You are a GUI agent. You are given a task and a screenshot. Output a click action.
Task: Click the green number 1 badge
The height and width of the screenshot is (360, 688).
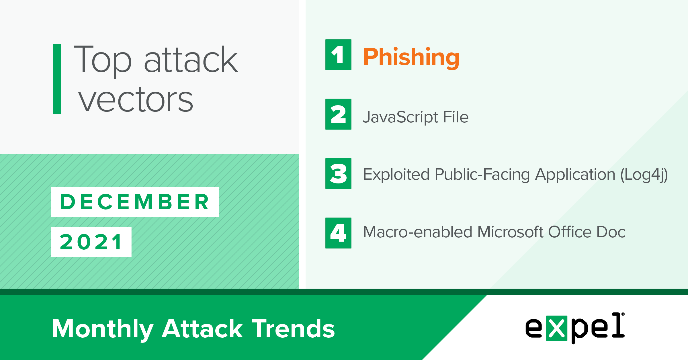(x=338, y=55)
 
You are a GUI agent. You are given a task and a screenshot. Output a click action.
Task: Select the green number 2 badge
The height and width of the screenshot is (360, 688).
(x=338, y=114)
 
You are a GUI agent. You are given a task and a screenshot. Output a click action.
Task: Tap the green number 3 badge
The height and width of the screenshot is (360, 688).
(x=338, y=174)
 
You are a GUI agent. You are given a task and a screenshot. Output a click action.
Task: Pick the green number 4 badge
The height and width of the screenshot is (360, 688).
(x=338, y=233)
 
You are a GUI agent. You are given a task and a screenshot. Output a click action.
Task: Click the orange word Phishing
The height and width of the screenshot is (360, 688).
(x=411, y=58)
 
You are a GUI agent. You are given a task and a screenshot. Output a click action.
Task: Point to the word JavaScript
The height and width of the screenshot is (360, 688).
(x=400, y=117)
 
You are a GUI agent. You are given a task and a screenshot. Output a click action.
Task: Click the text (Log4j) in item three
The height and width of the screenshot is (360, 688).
(x=644, y=175)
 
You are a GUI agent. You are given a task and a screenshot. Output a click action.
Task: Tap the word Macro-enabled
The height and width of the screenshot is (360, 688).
(x=417, y=232)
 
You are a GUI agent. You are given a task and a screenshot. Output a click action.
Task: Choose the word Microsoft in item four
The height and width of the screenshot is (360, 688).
(x=510, y=232)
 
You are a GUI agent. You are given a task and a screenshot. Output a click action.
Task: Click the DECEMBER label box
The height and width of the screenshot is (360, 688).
(x=135, y=202)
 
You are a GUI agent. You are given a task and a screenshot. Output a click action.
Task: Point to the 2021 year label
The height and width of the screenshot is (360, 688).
(x=91, y=242)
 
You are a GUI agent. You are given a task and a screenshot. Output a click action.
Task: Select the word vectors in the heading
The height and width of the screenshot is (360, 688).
(x=136, y=99)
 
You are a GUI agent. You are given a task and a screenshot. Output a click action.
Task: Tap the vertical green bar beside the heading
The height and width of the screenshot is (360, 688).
(x=57, y=79)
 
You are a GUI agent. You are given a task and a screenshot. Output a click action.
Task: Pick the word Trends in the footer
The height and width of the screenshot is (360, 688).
(x=293, y=328)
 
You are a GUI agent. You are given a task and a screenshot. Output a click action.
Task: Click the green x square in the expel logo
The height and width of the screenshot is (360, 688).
(x=557, y=328)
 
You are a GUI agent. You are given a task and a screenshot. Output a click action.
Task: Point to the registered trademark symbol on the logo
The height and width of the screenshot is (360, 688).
(x=623, y=314)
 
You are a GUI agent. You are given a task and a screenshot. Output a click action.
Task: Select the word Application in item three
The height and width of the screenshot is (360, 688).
(x=575, y=175)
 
